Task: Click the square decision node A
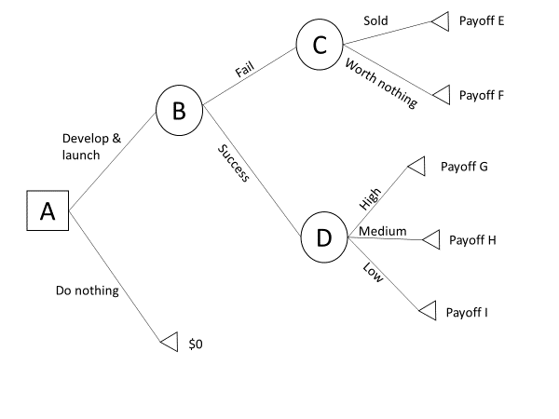point(47,211)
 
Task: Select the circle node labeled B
point(179,110)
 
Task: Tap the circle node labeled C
point(320,44)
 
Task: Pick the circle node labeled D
point(323,237)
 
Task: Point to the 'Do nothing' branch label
point(88,291)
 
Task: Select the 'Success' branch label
point(234,163)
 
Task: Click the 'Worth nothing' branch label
point(381,83)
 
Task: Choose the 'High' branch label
point(370,198)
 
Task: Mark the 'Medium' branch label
point(382,231)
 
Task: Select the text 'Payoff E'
point(482,21)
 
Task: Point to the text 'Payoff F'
point(482,95)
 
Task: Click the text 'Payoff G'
point(464,168)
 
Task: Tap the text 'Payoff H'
point(472,239)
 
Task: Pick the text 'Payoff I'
point(467,311)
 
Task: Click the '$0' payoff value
point(196,344)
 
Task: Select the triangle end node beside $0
point(169,343)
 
